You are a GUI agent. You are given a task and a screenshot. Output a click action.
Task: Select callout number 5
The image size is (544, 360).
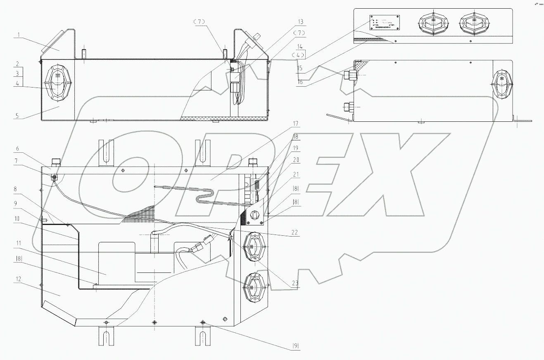coord(17,116)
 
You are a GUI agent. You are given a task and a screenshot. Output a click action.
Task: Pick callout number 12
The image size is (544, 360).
coord(17,279)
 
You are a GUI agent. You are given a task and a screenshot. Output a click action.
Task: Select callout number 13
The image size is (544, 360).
coord(300,21)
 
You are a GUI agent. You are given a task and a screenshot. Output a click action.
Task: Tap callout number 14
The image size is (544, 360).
coord(300,47)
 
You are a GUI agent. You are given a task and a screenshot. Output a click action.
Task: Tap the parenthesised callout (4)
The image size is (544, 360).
coord(300,54)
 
